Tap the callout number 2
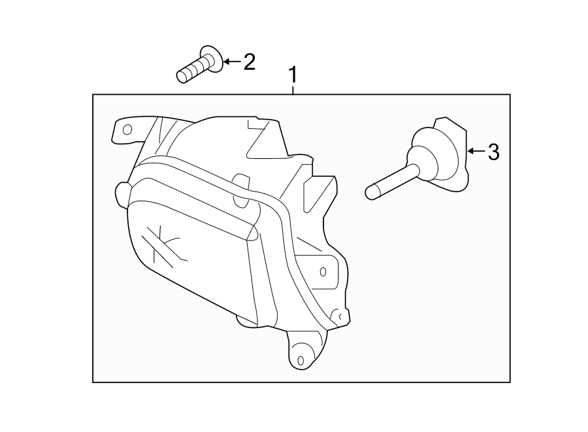pyautogui.click(x=248, y=63)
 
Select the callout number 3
pyautogui.click(x=493, y=152)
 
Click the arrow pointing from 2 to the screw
pyautogui.click(x=232, y=63)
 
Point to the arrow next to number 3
pyautogui.click(x=477, y=152)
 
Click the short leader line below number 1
pyautogui.click(x=294, y=90)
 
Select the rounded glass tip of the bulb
pyautogui.click(x=371, y=192)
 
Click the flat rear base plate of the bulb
pyautogui.click(x=457, y=152)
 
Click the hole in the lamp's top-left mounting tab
pyautogui.click(x=127, y=129)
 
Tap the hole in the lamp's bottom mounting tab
pyautogui.click(x=300, y=360)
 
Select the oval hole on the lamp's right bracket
pyautogui.click(x=323, y=271)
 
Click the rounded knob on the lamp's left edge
pyautogui.click(x=122, y=192)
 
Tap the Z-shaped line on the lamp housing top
pyautogui.click(x=259, y=139)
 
